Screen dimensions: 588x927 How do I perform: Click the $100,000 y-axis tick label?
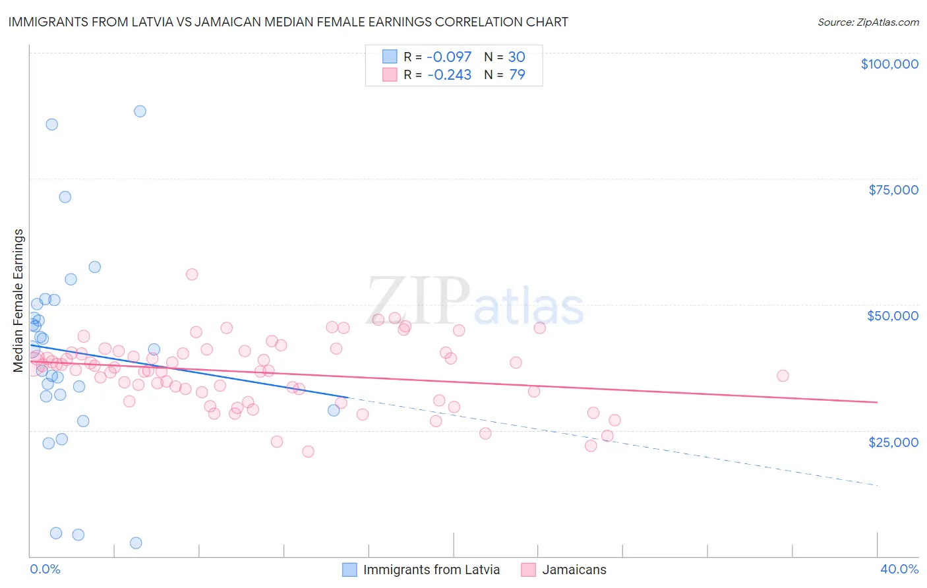889,64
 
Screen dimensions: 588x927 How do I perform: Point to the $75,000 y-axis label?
893,190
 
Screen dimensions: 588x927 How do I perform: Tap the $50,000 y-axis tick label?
893,316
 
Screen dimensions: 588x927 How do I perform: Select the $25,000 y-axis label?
893,442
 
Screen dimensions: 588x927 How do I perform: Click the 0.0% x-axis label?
45,569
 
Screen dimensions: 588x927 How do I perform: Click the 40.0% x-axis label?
899,569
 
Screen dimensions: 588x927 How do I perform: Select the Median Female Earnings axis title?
18,301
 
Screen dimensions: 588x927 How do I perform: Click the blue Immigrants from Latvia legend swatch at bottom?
349,570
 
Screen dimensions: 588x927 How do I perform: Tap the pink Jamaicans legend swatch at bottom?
528,570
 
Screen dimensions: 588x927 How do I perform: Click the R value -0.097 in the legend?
449,57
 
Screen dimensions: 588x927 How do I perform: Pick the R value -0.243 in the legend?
449,74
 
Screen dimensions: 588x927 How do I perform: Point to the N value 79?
517,74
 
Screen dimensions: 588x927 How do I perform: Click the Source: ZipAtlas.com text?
868,22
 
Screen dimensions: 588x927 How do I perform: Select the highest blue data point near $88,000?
140,111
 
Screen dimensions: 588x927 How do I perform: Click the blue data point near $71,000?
65,196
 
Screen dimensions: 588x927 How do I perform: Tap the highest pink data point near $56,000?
192,274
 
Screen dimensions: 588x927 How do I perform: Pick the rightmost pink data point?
783,376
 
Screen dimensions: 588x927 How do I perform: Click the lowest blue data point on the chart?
136,543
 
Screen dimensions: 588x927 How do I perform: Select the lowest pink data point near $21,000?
308,452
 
